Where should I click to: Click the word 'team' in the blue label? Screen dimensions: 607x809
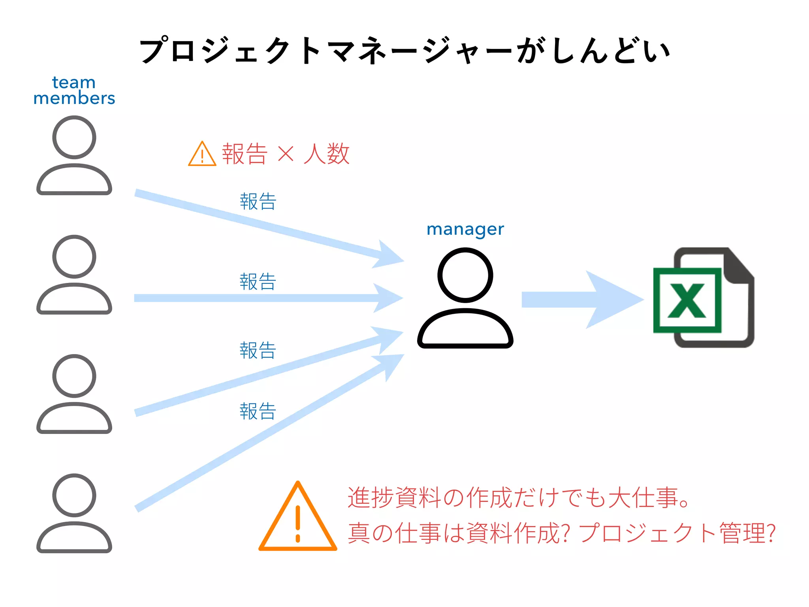(x=74, y=83)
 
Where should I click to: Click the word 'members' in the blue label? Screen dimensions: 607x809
(x=74, y=98)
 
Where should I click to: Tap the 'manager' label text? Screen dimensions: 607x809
(x=465, y=229)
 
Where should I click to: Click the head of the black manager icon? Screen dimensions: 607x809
(x=465, y=275)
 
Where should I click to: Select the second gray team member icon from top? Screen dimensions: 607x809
(x=74, y=275)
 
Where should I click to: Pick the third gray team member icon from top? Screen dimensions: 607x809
(x=74, y=394)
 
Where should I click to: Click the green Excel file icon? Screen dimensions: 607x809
(x=703, y=298)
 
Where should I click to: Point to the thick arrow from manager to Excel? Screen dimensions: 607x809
(x=581, y=300)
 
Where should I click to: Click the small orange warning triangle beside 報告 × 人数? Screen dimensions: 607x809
(x=202, y=154)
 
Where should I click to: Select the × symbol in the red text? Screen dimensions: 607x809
(x=286, y=154)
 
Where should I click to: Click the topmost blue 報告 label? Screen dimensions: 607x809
(x=258, y=202)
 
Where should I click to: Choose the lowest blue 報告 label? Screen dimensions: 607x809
(x=258, y=411)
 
